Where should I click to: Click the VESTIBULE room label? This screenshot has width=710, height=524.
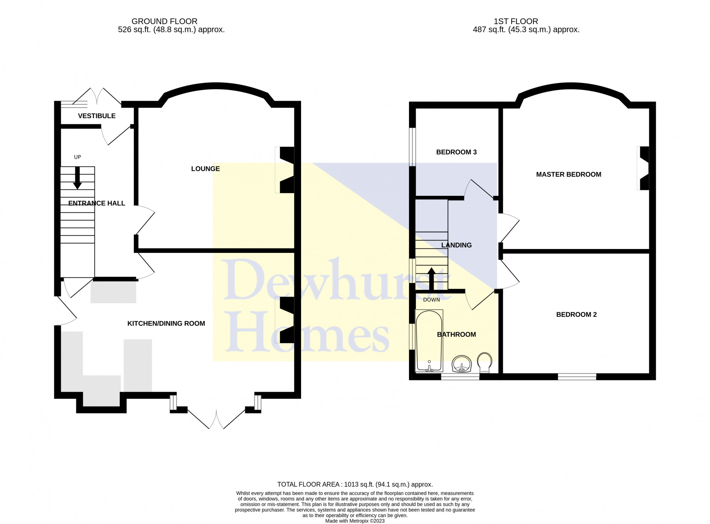(97, 116)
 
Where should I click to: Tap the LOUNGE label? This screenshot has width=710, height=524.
(206, 169)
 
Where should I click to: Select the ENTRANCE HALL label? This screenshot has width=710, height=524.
(97, 203)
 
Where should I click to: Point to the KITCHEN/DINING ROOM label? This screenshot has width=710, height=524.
(166, 324)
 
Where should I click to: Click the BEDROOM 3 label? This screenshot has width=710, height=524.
(456, 152)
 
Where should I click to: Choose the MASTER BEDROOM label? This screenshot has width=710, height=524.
(568, 175)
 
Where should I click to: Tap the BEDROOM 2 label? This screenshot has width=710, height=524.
(576, 315)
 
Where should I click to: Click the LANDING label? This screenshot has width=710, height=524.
(456, 245)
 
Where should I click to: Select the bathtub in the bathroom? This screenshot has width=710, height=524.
(429, 341)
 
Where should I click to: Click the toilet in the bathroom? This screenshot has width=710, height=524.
(485, 363)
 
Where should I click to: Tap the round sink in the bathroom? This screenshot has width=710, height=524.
(461, 364)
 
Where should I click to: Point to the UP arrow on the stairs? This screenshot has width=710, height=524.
(77, 178)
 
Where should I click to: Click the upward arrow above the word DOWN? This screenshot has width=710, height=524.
(431, 279)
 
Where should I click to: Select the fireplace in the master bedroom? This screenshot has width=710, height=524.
(643, 168)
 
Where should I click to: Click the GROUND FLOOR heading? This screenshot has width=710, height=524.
(164, 21)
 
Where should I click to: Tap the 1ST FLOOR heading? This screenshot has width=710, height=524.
(516, 21)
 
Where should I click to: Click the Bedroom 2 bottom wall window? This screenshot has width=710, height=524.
(577, 377)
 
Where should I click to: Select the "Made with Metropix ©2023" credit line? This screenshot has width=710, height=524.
(355, 521)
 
